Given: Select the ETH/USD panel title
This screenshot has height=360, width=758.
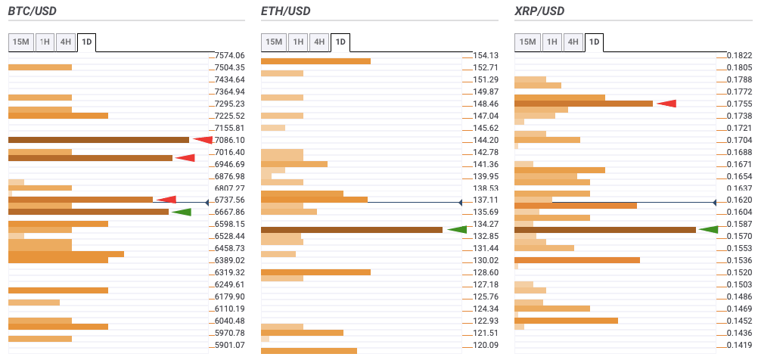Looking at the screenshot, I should pyautogui.click(x=285, y=11).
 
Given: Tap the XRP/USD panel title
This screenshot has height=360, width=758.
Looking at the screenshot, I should pyautogui.click(x=539, y=11).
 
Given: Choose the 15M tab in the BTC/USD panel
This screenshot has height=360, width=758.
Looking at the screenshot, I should pyautogui.click(x=20, y=42).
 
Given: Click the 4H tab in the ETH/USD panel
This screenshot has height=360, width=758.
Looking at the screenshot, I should pyautogui.click(x=319, y=42).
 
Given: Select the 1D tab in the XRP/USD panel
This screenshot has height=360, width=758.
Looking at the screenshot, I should pyautogui.click(x=594, y=42).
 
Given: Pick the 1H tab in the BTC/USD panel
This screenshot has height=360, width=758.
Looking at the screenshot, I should pyautogui.click(x=45, y=42).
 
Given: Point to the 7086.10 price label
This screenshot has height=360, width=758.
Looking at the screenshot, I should pyautogui.click(x=230, y=140).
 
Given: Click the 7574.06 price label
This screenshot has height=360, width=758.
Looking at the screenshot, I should pyautogui.click(x=230, y=55).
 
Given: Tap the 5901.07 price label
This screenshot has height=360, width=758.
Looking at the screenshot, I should pyautogui.click(x=230, y=345).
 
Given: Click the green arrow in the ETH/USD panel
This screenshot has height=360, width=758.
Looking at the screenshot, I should pyautogui.click(x=458, y=229).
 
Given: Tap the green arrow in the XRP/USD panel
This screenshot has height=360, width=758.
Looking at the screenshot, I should pyautogui.click(x=708, y=229).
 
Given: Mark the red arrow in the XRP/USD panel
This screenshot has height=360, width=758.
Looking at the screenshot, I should pyautogui.click(x=666, y=103).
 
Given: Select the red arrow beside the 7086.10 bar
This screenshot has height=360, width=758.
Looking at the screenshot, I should pyautogui.click(x=203, y=139).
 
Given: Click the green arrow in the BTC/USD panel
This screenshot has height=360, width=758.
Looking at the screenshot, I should pyautogui.click(x=182, y=212).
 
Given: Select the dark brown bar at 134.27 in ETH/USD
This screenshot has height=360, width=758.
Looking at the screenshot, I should pyautogui.click(x=351, y=230).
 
